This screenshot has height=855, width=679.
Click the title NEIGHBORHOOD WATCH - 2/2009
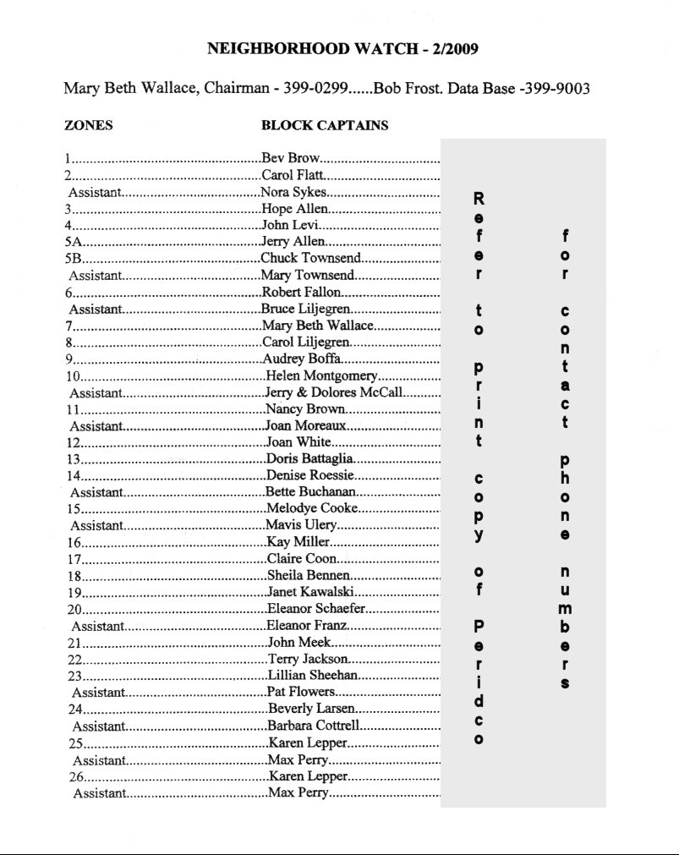tap(342, 49)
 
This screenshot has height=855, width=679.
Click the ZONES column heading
tap(89, 126)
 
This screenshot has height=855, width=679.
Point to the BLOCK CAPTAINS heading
tap(325, 126)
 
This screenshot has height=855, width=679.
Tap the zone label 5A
tap(72, 242)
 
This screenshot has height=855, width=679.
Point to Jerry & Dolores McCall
tap(334, 392)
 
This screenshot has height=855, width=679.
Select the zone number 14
tap(73, 476)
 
